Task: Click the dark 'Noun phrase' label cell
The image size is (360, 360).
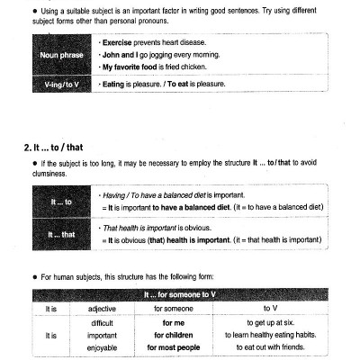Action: (x=61, y=56)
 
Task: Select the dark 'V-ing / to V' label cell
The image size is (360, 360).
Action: (x=61, y=85)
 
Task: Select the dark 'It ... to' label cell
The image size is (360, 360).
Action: (x=61, y=203)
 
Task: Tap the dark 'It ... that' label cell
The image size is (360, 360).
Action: (x=61, y=235)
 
